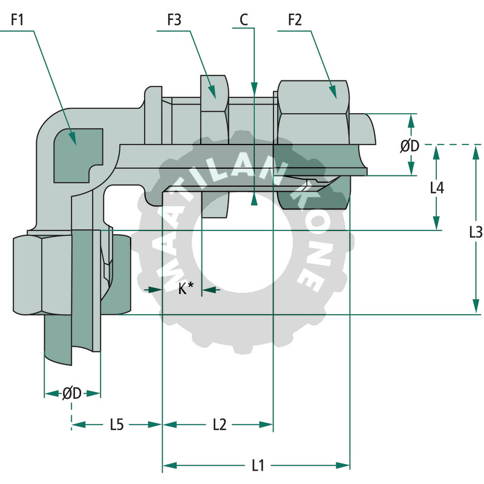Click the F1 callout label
17,21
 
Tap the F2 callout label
295,21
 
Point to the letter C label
243,20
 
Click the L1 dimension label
258,465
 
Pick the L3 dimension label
476,231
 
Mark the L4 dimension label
437,188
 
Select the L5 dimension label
117,425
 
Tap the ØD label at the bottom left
71,393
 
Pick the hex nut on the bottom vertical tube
42,275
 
